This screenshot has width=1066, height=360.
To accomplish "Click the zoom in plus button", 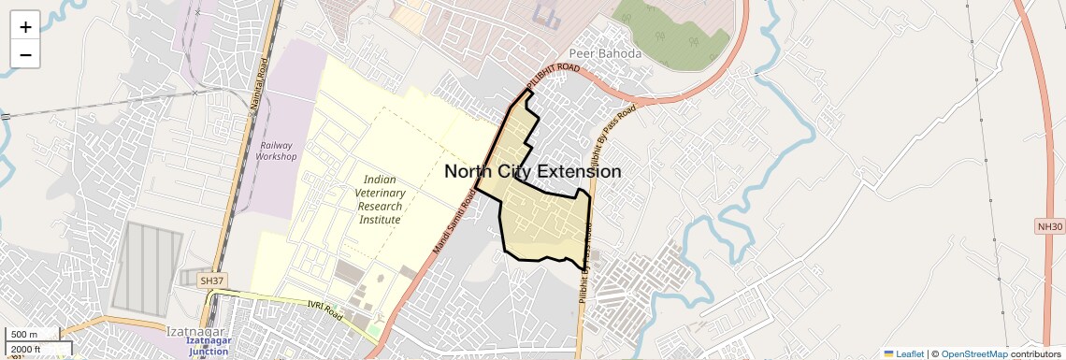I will [x=25, y=26].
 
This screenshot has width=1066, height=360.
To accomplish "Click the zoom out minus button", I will [x=25, y=54].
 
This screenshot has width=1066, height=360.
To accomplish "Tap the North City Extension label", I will [x=532, y=172].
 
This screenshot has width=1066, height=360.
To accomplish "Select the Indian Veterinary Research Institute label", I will [x=381, y=199].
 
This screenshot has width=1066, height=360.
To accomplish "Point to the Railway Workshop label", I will [x=276, y=151].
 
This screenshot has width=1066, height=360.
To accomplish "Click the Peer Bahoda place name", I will [x=606, y=53].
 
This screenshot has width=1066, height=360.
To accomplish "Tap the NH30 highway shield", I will [x=1050, y=226].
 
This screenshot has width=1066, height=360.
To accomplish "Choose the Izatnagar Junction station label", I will [x=211, y=347].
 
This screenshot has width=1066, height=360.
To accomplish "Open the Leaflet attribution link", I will [x=903, y=353].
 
